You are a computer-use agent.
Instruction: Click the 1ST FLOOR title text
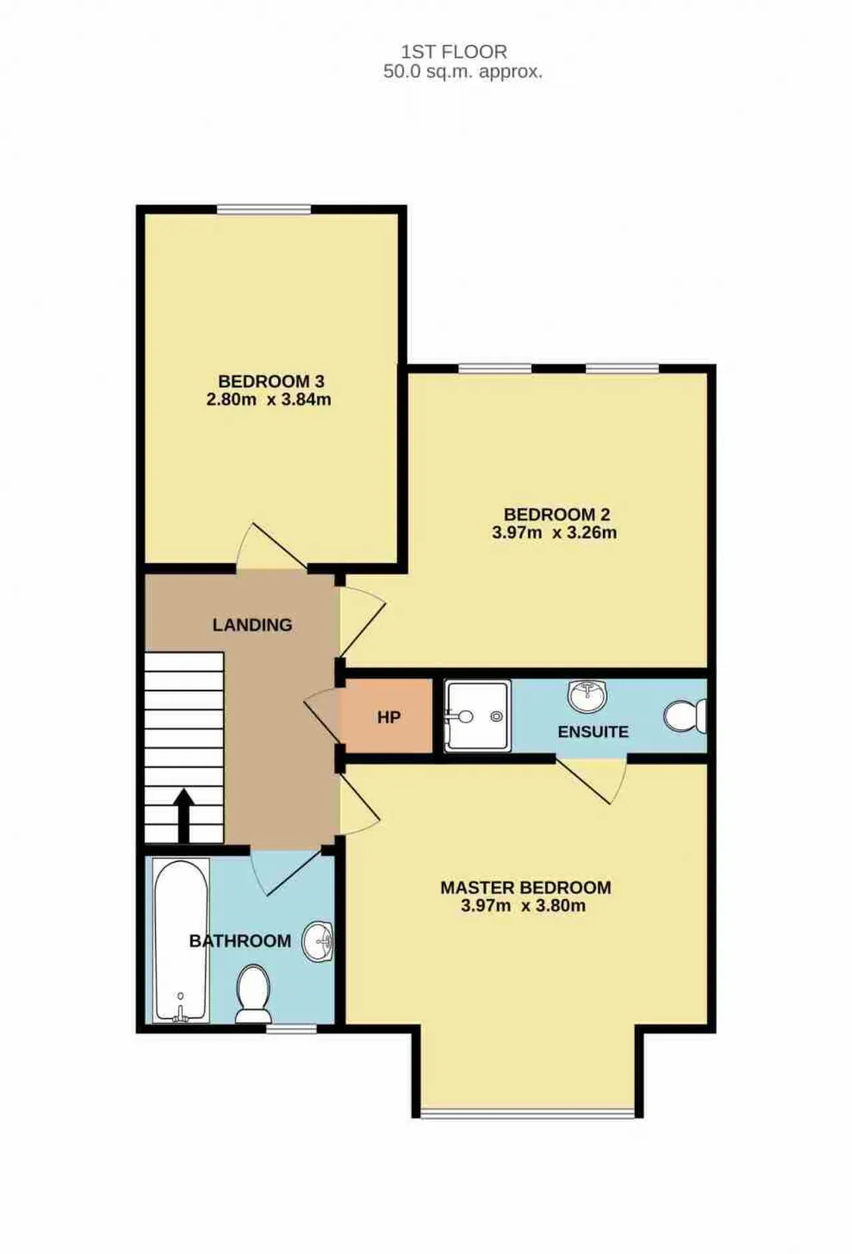click(x=454, y=51)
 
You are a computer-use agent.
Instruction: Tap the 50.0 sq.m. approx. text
click(x=463, y=72)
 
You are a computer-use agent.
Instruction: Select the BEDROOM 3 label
click(x=272, y=381)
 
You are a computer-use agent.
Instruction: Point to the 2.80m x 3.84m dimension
click(x=269, y=399)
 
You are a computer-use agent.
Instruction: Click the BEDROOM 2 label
click(x=557, y=515)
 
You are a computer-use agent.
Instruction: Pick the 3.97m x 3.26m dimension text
click(x=554, y=532)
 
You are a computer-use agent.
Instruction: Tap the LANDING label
click(x=252, y=625)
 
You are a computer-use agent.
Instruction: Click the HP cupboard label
click(x=389, y=718)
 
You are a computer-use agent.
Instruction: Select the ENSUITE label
click(x=593, y=732)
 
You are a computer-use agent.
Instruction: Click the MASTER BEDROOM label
click(x=526, y=887)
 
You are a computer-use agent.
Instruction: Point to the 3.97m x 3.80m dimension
click(x=523, y=905)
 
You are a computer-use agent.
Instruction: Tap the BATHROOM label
click(x=240, y=940)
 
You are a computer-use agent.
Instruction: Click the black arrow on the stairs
click(x=184, y=816)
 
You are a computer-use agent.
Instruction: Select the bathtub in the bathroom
click(x=181, y=940)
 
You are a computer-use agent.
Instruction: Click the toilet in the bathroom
click(x=254, y=994)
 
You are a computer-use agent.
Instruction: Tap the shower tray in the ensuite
click(x=477, y=716)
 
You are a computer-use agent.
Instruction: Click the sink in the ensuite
click(x=588, y=696)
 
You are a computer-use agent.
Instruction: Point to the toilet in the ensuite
click(x=685, y=716)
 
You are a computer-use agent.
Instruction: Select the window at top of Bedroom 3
click(x=264, y=210)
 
